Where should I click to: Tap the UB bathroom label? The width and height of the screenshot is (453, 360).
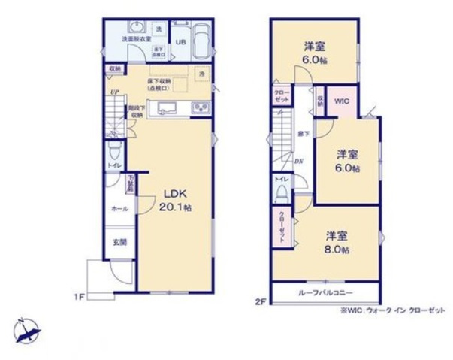180,42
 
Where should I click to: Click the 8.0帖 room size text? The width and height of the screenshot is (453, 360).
337,250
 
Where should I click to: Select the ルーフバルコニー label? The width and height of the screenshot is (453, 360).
324,292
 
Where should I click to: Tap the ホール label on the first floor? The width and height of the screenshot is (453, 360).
119,209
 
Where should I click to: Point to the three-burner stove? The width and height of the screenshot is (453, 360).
202,110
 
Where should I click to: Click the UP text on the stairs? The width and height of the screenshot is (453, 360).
114,92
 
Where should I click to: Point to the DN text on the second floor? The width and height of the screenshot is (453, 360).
298,160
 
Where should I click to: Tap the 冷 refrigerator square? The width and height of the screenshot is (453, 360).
201,74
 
